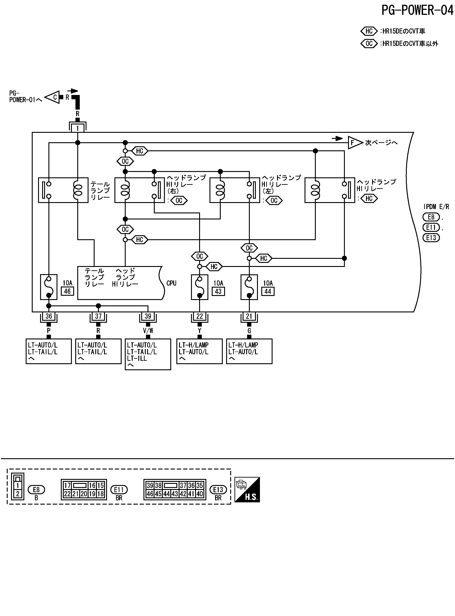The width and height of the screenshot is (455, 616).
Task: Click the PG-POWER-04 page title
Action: [x=417, y=10]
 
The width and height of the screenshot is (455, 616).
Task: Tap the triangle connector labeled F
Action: [x=355, y=142]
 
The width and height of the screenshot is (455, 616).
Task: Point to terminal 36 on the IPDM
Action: [x=49, y=316]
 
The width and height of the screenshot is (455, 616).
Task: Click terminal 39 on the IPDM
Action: [x=148, y=316]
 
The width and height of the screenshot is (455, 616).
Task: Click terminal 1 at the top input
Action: [x=77, y=128]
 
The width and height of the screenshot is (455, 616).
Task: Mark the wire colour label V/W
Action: [x=148, y=331]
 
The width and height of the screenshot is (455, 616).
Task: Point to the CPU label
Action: [x=171, y=283]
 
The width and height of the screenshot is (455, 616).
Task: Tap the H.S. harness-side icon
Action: [x=247, y=490]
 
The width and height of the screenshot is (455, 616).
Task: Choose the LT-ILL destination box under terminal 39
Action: [x=148, y=354]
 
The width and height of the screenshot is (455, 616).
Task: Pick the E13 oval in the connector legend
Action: [x=218, y=490]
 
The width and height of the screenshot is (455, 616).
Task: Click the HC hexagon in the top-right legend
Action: [x=369, y=31]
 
